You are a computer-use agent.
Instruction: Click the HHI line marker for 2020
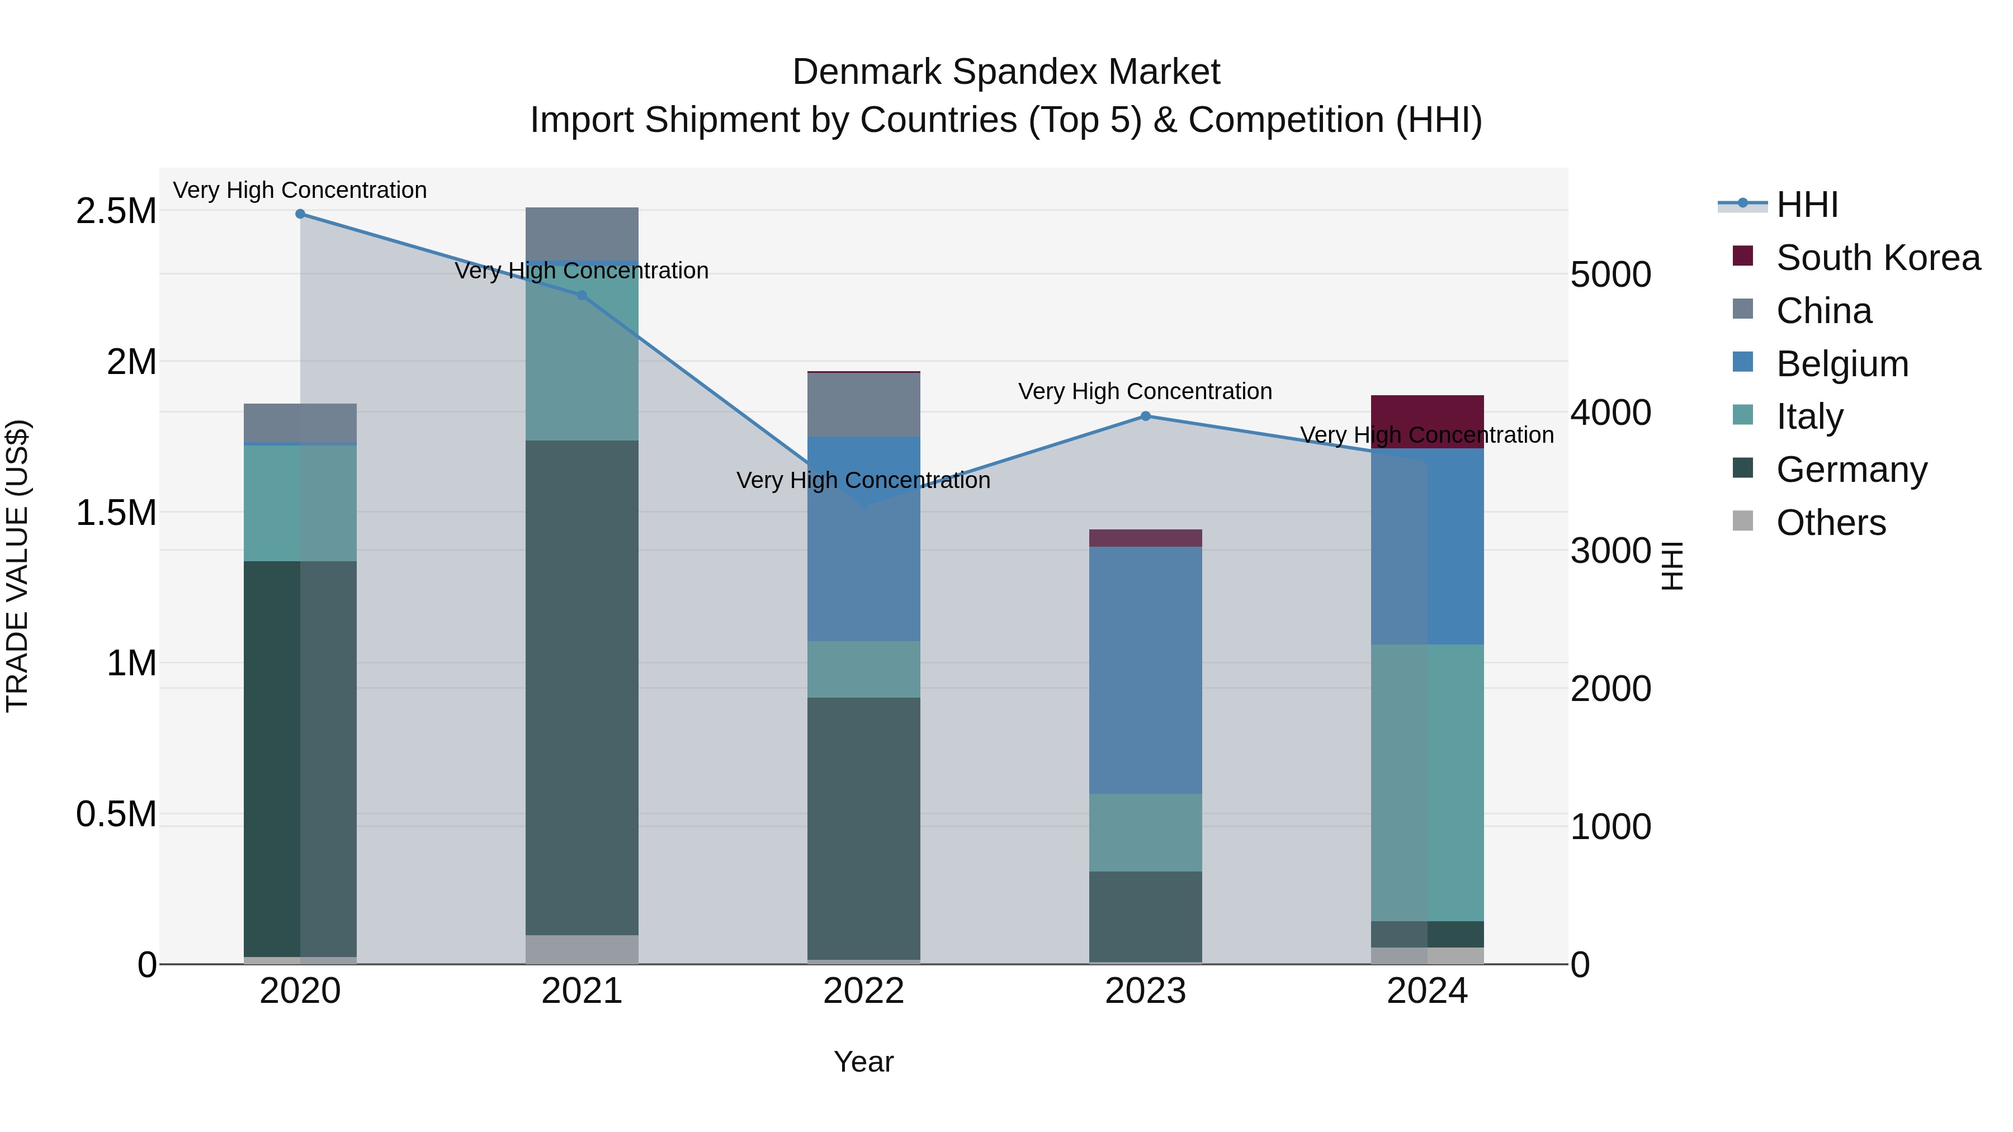click(x=300, y=214)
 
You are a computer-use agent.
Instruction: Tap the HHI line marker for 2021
click(x=582, y=295)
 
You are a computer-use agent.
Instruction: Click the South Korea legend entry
click(x=1878, y=258)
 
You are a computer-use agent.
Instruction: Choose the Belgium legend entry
click(x=1842, y=364)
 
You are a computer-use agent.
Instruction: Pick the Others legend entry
click(x=1830, y=523)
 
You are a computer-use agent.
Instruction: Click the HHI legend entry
click(x=1807, y=205)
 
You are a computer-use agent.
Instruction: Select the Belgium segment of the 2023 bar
click(x=1146, y=670)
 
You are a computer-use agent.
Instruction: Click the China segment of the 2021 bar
click(x=582, y=233)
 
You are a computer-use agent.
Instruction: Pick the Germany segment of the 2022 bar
click(x=863, y=828)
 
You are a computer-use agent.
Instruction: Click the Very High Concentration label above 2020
click(x=300, y=191)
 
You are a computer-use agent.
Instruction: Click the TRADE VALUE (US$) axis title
click(x=18, y=566)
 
